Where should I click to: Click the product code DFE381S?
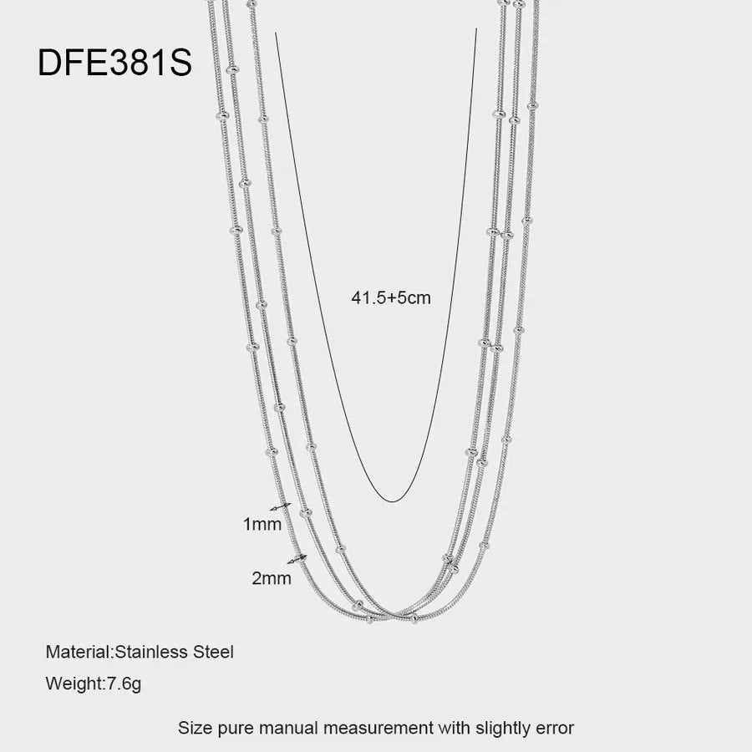[114, 63]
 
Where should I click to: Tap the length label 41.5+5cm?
[391, 297]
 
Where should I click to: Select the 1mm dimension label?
[262, 524]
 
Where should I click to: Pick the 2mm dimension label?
[272, 578]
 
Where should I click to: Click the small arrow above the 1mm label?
[281, 506]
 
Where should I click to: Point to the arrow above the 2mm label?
[297, 559]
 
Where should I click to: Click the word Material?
[79, 652]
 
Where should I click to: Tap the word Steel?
[213, 652]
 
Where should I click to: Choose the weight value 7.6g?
[124, 683]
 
